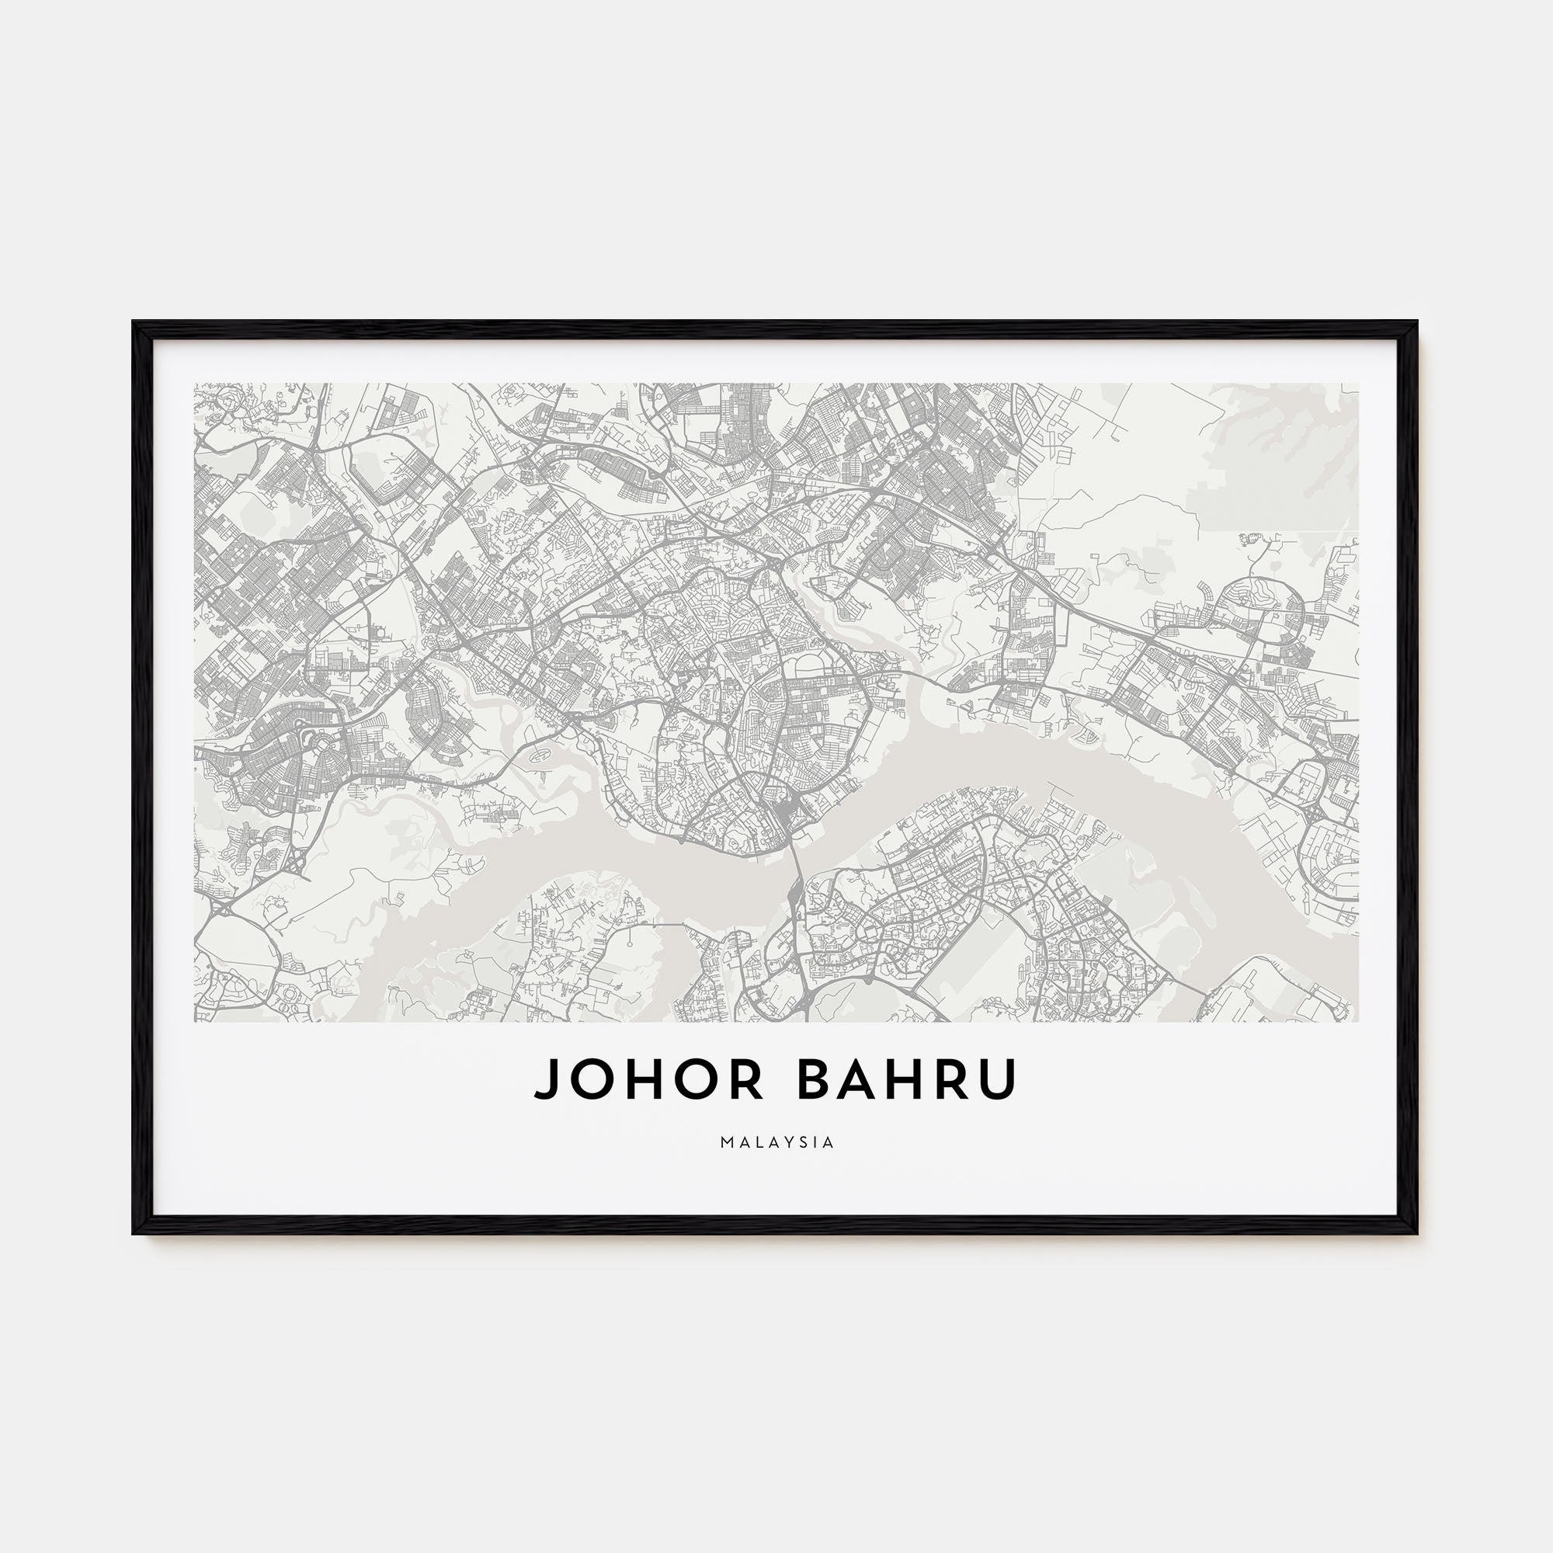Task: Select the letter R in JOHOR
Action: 749,1079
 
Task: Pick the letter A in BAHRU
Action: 861,1079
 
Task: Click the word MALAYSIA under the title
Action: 776,1142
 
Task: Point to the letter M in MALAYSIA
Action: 726,1142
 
